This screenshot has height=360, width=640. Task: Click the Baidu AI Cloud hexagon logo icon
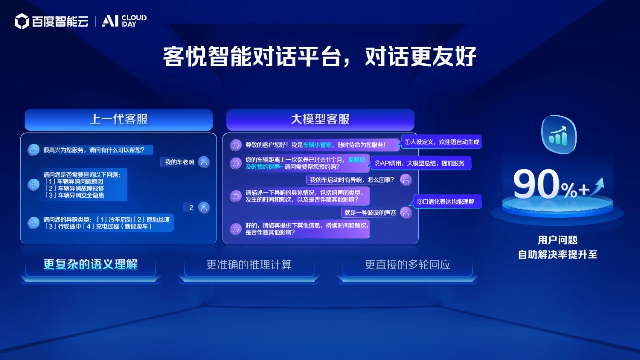click(x=22, y=21)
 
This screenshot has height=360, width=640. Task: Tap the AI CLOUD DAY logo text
click(x=124, y=21)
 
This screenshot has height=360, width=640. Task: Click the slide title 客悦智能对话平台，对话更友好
click(x=319, y=56)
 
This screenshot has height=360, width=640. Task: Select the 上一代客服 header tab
click(x=119, y=119)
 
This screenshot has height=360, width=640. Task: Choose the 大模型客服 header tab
click(x=320, y=119)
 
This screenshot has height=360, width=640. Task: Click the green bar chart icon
click(x=559, y=135)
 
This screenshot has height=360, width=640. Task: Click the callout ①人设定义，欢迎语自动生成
click(x=441, y=142)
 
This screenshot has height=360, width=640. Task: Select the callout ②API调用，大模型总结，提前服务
click(x=419, y=163)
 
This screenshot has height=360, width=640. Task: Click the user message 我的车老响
click(x=179, y=162)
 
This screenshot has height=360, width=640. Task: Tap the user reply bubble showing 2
click(x=191, y=207)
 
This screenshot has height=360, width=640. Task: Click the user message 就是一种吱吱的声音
click(x=370, y=213)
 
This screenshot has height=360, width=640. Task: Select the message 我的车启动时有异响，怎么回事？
click(x=352, y=180)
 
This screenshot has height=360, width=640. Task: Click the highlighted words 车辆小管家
click(x=317, y=145)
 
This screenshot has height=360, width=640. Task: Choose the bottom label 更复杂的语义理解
click(x=91, y=264)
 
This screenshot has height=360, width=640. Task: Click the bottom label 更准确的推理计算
click(x=249, y=265)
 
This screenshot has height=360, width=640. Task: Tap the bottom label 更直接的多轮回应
click(x=408, y=265)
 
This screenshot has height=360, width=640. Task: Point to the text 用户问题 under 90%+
click(x=558, y=240)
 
